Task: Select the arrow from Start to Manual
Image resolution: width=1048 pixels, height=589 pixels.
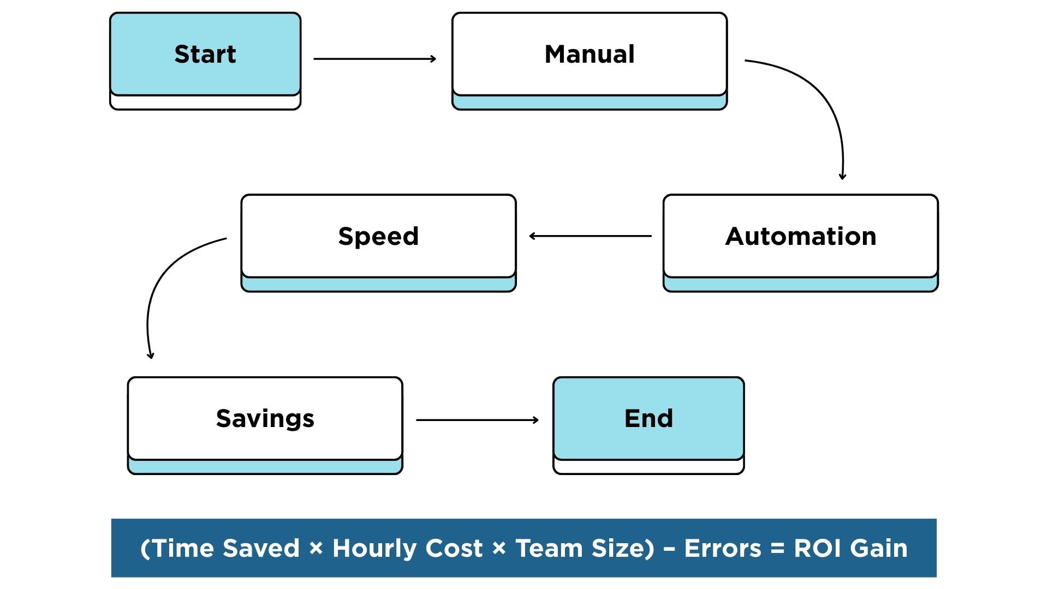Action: pos(374,59)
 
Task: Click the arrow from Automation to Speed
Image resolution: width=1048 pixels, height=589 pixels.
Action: pos(591,236)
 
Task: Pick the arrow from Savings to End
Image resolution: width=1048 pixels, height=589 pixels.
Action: pos(477,420)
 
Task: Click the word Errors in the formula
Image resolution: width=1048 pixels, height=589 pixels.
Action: pos(722,549)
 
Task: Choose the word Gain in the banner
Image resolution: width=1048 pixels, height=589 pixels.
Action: pos(879,549)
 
